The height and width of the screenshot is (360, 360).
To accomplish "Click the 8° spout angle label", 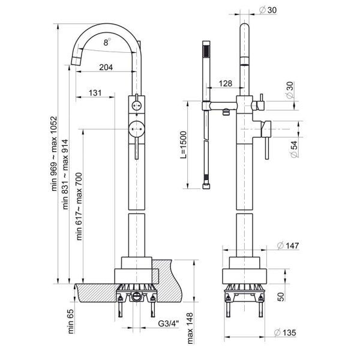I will [106, 43].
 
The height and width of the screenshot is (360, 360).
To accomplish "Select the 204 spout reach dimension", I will [106, 67].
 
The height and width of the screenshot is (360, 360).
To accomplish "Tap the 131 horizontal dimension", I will [95, 93].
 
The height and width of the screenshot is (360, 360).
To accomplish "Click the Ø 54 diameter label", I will [294, 148].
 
